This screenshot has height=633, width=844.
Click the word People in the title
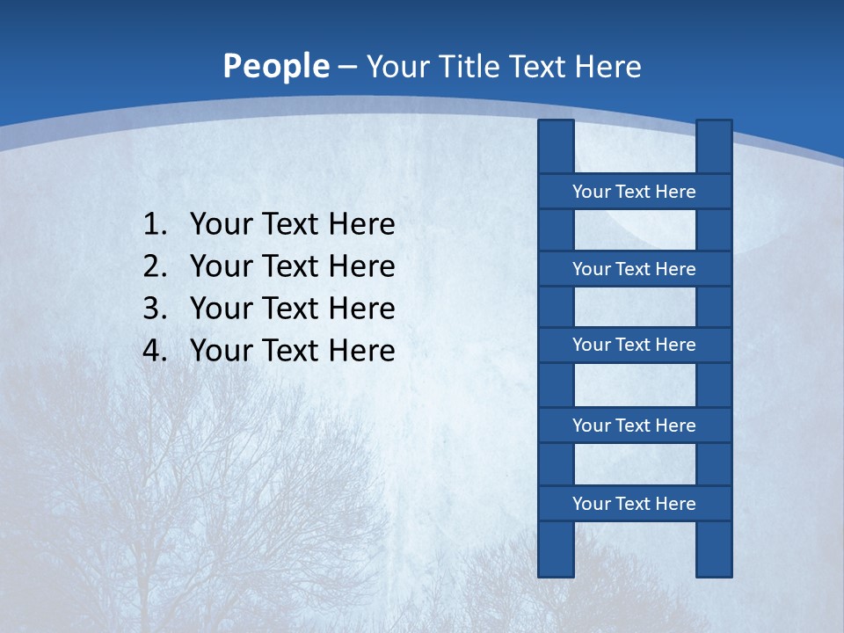[275, 66]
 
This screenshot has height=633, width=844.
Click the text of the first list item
[292, 225]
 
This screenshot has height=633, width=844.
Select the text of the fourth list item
[292, 351]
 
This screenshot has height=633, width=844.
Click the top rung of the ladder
[634, 192]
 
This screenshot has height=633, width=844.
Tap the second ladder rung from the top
[634, 269]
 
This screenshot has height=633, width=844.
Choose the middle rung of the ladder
[634, 346]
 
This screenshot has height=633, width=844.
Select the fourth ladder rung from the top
[634, 426]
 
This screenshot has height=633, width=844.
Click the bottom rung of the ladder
[634, 504]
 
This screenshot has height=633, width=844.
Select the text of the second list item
[292, 266]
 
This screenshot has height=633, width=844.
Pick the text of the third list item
[292, 309]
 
